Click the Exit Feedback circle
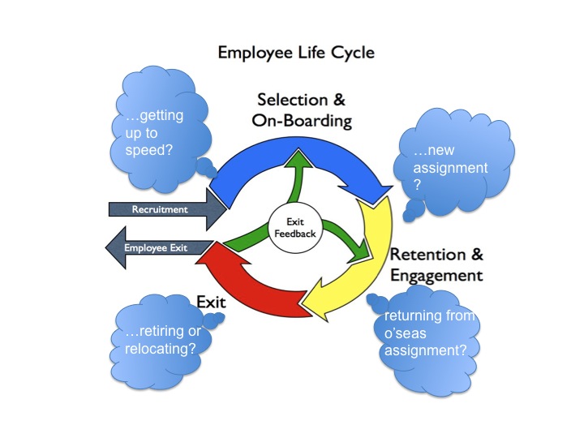coord(295,228)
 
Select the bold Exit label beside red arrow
coord(209,301)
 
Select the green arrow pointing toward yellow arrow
coord(345,243)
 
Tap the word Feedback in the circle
coord(295,234)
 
